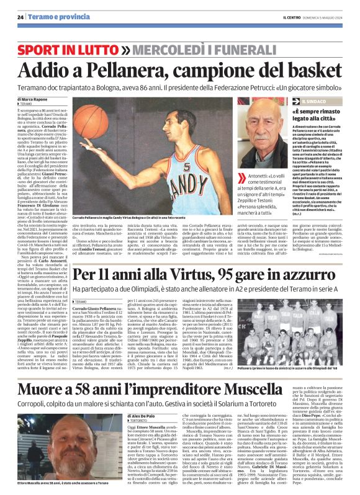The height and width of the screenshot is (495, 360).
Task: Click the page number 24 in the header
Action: [20, 17]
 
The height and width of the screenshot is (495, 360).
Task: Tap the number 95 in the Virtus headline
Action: [218, 276]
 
